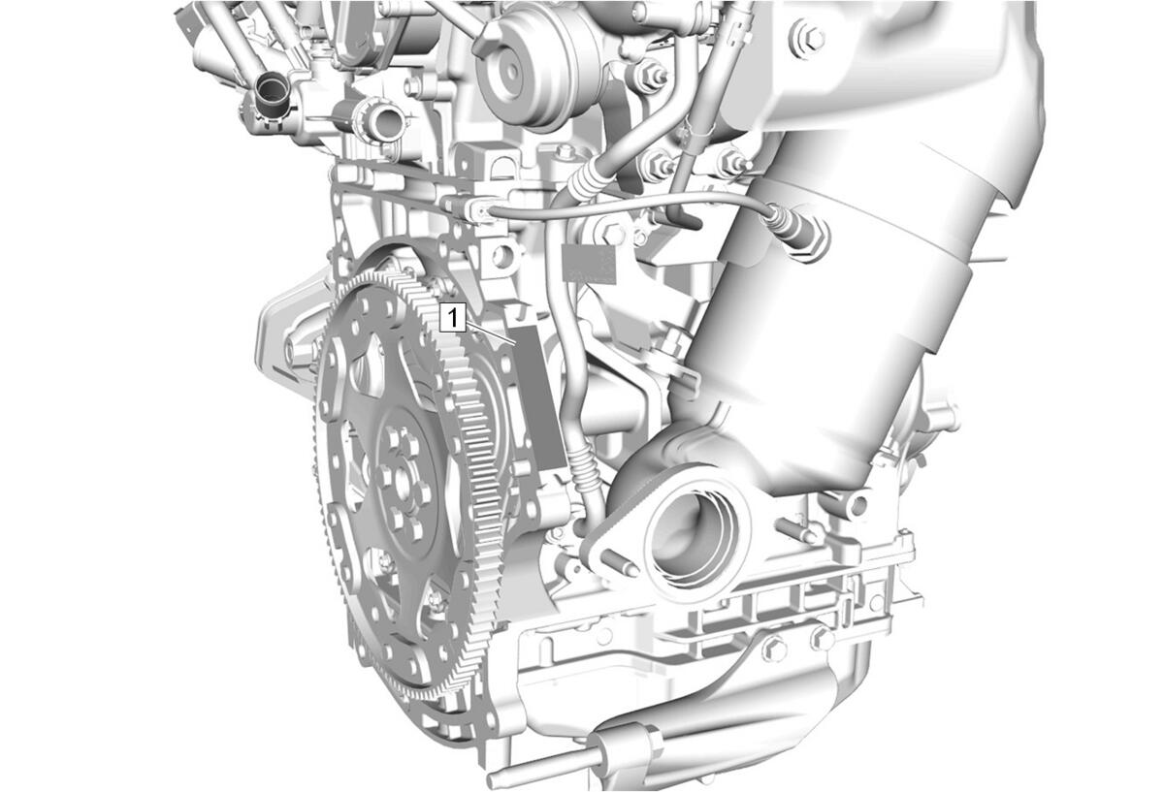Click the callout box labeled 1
click(453, 318)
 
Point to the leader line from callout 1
click(491, 333)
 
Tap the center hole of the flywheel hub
click(403, 482)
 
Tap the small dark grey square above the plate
click(589, 264)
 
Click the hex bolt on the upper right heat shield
click(808, 38)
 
